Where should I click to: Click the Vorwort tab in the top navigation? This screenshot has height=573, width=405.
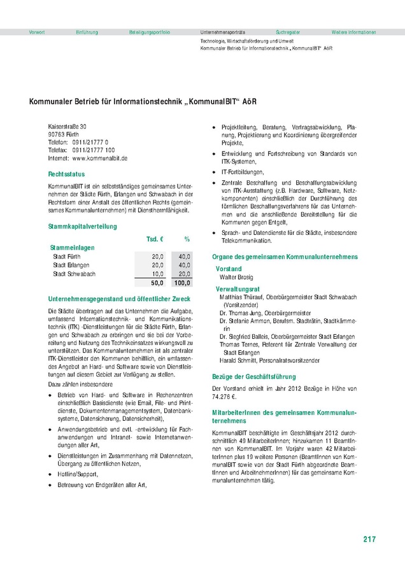[36, 32]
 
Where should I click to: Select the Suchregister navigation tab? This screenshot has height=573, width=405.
[288, 32]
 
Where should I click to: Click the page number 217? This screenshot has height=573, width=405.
[369, 539]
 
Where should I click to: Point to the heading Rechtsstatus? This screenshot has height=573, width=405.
[66, 174]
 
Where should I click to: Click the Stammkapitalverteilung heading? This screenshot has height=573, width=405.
[83, 226]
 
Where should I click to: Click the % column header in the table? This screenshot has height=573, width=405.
[187, 239]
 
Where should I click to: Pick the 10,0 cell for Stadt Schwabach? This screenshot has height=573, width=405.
[157, 274]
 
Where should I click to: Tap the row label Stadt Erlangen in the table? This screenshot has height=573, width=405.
[71, 265]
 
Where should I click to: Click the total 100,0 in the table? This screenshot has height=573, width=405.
[182, 283]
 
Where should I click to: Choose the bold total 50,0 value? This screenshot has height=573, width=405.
[157, 283]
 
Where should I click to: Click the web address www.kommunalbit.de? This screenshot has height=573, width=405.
[101, 157]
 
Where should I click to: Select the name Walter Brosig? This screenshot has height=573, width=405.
[236, 278]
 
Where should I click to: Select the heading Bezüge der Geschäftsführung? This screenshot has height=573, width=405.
[255, 377]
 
